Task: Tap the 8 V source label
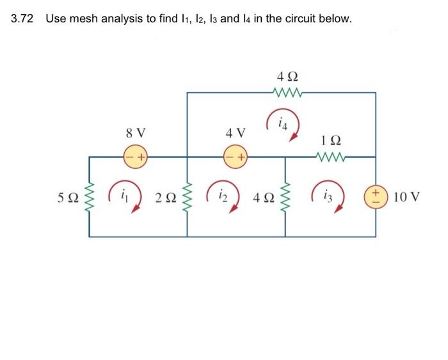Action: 135,134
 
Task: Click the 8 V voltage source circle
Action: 136,155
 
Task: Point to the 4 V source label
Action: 235,134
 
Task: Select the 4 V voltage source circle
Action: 235,156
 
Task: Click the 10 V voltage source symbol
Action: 375,195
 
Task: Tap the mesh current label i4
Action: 282,121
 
